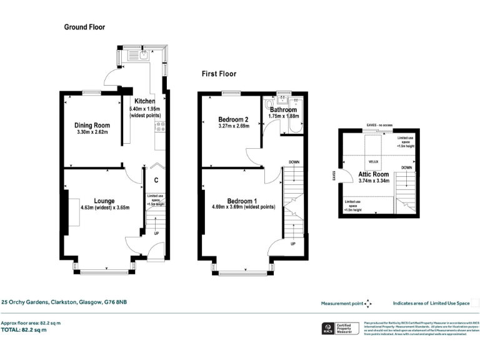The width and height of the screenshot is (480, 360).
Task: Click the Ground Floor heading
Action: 84,27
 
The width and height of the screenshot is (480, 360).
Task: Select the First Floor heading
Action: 219,74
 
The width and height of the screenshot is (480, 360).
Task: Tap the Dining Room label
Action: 92,125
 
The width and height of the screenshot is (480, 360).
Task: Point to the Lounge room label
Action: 104,201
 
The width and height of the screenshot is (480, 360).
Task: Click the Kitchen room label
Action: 144,101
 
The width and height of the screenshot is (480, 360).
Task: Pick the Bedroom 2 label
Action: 234,119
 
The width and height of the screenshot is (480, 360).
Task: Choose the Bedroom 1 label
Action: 234,199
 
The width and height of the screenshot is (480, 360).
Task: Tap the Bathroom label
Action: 284,109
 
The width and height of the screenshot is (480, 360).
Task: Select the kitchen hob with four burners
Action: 159,127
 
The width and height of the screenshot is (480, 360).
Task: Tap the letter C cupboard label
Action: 155,180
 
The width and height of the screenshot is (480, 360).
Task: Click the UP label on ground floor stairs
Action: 155,234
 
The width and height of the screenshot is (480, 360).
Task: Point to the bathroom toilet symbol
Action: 269,104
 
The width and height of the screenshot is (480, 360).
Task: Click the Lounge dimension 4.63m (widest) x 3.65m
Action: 104,207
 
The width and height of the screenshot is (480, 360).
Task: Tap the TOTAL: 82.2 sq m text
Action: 24,329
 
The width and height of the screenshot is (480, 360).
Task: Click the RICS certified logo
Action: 326,328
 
